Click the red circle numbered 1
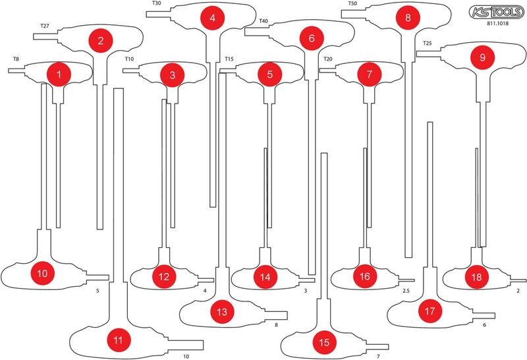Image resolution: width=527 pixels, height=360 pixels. (59, 75)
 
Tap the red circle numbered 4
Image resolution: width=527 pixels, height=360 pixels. (212, 18)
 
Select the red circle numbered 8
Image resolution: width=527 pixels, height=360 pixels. (408, 17)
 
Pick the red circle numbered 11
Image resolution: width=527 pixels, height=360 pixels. (119, 340)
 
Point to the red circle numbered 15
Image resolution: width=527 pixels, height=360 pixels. (324, 342)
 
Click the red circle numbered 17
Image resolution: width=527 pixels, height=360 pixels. (430, 311)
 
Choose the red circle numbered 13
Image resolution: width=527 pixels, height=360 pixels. (222, 312)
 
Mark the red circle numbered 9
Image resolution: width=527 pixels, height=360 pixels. (483, 57)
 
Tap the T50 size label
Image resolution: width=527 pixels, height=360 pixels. (352, 4)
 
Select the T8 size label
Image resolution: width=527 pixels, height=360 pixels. (16, 59)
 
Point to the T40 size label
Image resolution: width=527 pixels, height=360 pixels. (263, 21)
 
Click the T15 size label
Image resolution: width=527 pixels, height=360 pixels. (229, 59)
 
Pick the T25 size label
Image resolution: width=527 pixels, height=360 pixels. (427, 44)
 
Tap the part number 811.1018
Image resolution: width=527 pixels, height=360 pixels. (498, 24)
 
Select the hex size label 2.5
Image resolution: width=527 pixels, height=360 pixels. (406, 291)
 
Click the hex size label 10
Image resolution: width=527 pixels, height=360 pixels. (186, 356)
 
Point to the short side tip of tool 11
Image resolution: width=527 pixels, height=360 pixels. (204, 345)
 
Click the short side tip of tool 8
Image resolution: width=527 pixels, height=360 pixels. (342, 14)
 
